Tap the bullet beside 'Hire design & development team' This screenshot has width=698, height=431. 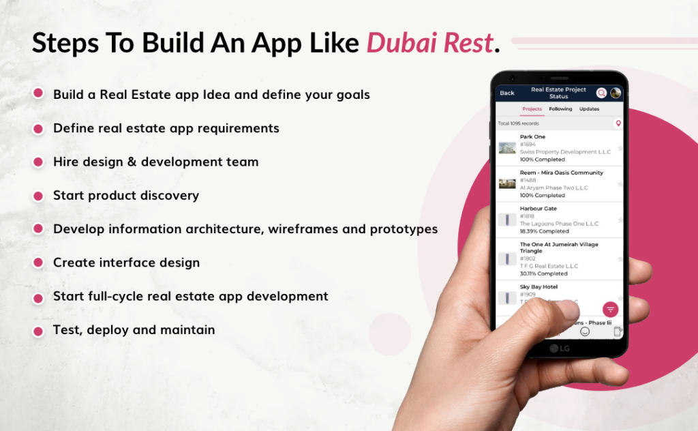pos(38,162)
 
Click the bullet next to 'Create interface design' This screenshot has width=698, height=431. pos(38,263)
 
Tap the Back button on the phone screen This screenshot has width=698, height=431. pos(507,93)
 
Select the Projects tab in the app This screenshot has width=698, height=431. pos(532,109)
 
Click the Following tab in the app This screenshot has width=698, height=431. pos(560,109)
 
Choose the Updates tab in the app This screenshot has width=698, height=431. pos(589,109)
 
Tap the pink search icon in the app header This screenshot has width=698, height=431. pos(601,93)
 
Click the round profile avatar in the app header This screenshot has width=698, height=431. pos(615,93)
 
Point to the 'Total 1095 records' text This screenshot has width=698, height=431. pos(518,123)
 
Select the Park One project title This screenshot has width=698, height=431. pos(532,137)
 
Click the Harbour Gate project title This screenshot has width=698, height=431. pos(538,209)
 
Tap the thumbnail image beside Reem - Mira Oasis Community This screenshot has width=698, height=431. pos(507,183)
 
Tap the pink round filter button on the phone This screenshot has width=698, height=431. pos(610,309)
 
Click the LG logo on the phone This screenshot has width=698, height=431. pos(559,348)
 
